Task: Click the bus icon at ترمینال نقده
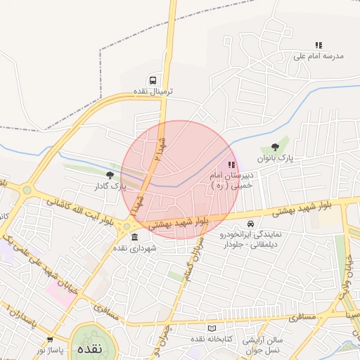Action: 153,80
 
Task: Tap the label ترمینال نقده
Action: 153,92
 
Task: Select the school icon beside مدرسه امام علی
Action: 319,45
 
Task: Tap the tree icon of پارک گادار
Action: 108,175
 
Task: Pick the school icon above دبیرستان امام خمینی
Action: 231,165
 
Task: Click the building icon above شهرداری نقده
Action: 134,237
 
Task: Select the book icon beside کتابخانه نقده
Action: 212,328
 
